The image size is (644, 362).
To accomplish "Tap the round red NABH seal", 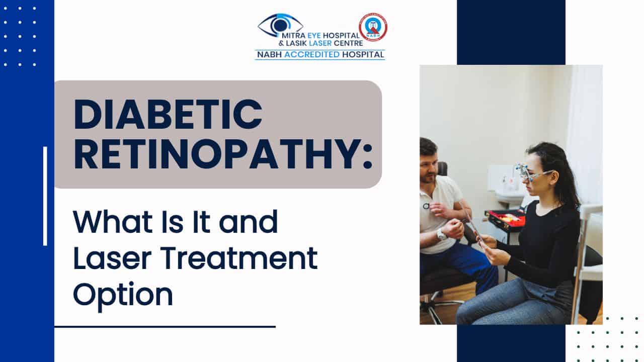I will [373, 27].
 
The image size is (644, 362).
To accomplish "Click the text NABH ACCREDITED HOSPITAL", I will [320, 55].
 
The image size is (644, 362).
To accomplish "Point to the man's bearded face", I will [429, 168].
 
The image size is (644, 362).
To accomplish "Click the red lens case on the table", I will [505, 218].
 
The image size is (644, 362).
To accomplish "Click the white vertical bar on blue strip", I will [45, 196].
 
